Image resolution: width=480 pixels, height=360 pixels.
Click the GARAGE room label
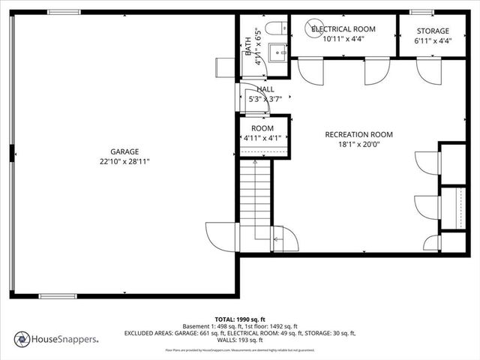click(124, 151)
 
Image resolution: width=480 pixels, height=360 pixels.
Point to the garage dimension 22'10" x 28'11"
click(124, 161)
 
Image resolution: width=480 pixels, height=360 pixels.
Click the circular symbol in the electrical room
click(314, 28)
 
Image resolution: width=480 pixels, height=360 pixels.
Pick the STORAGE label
click(433, 31)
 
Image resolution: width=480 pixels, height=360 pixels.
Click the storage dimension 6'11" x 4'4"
click(433, 41)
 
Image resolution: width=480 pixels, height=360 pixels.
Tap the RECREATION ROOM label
click(358, 135)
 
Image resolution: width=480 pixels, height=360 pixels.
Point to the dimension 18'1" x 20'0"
click(358, 145)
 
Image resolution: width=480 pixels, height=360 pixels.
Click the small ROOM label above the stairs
click(262, 128)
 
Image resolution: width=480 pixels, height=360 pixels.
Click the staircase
click(255, 202)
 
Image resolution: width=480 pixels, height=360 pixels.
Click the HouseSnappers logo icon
click(22, 339)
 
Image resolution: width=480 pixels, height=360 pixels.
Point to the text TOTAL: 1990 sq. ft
click(240, 319)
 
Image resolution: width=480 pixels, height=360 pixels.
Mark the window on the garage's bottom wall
click(58, 296)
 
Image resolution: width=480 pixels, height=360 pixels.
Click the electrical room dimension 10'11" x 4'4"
click(343, 39)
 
